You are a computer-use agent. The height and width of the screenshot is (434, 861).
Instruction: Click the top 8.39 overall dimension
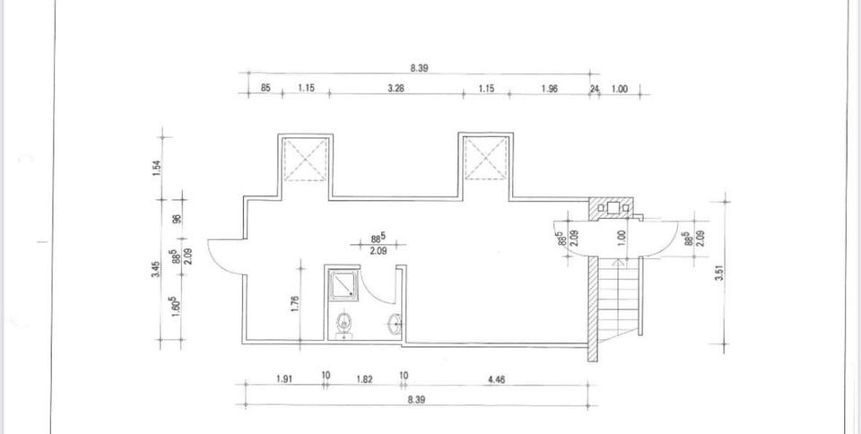pyautogui.click(x=418, y=66)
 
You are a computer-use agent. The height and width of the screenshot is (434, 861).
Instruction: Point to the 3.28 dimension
pyautogui.click(x=395, y=88)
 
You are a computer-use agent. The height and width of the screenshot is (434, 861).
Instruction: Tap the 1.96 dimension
pyautogui.click(x=550, y=88)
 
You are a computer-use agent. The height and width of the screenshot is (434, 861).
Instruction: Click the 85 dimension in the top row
pyautogui.click(x=265, y=88)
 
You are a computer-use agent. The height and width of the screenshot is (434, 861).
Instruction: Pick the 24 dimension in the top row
pyautogui.click(x=594, y=88)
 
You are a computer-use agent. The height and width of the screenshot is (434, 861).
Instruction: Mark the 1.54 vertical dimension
pyautogui.click(x=156, y=167)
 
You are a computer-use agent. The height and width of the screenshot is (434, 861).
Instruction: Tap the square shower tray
pyautogui.click(x=343, y=284)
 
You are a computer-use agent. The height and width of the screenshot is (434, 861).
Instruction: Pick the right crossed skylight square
pyautogui.click(x=485, y=159)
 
